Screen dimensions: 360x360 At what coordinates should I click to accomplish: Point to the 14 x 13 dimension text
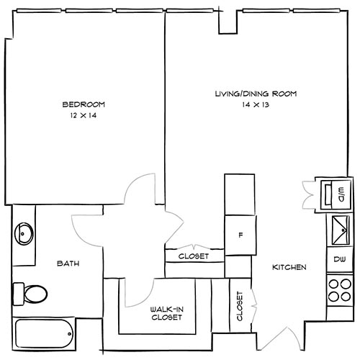click(x=256, y=105)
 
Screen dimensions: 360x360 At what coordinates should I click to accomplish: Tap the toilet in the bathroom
click(x=30, y=292)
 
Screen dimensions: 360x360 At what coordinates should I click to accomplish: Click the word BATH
click(x=68, y=264)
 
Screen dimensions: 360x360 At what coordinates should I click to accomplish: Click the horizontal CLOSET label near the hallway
click(x=194, y=256)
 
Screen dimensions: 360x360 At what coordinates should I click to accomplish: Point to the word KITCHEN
click(x=289, y=268)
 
